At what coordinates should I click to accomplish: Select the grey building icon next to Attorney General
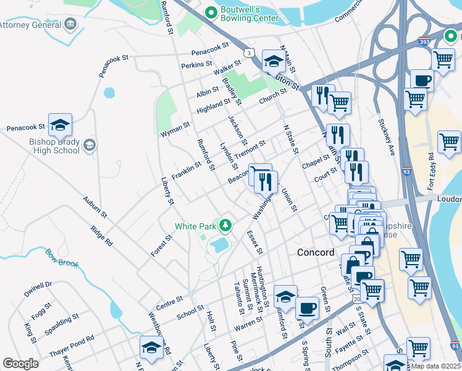click(x=71, y=25)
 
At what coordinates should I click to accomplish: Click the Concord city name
click(x=316, y=252)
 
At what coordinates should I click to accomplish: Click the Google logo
click(x=20, y=364)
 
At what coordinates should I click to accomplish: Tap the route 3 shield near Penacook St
click(x=248, y=54)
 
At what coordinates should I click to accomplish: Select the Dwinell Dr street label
click(x=38, y=289)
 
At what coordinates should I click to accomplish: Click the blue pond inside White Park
click(x=219, y=246)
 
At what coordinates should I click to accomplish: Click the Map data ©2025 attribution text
click(x=435, y=365)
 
